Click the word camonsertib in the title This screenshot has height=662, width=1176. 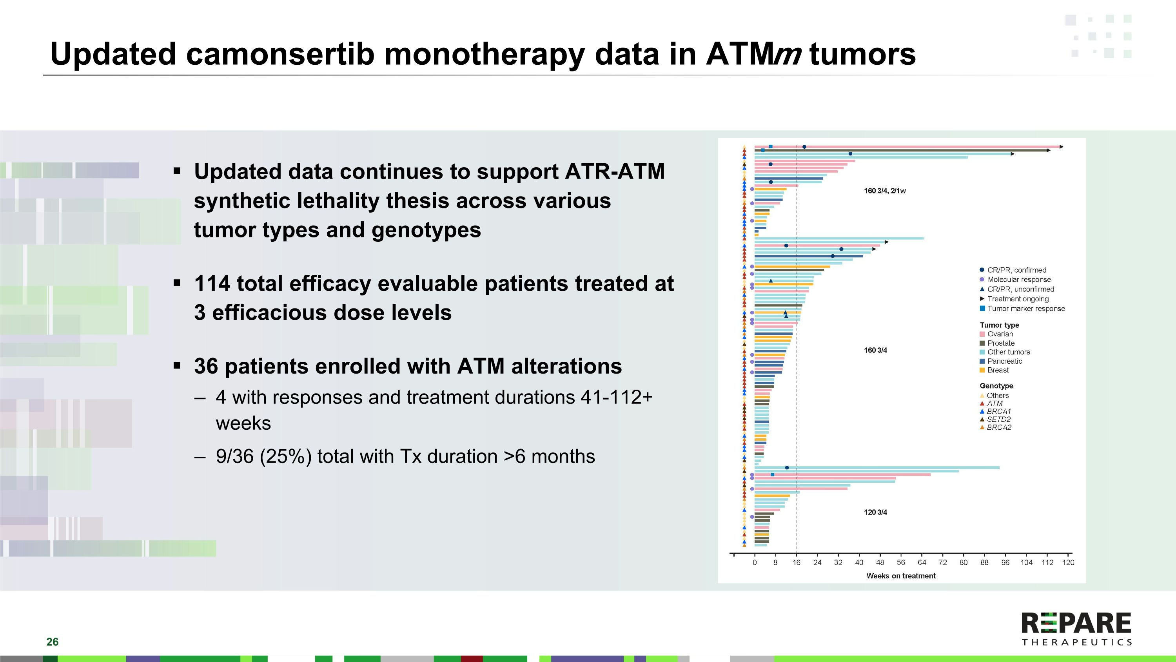point(280,54)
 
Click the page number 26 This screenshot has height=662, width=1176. point(52,642)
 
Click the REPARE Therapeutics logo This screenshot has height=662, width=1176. point(1076,629)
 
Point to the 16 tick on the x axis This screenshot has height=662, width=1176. point(796,562)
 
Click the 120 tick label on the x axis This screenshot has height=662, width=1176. point(1068,562)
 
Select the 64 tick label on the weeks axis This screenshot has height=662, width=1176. point(922,562)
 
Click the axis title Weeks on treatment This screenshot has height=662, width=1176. point(901,576)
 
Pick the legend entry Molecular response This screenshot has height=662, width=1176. point(1018,280)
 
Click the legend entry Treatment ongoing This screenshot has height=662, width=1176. point(1018,299)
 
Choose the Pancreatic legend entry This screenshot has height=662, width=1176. point(1004,361)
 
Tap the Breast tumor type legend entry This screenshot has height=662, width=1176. point(998,370)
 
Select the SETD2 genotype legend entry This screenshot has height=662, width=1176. point(998,419)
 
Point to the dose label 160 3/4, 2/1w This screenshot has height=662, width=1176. point(884,191)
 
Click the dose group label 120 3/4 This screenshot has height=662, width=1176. point(875,512)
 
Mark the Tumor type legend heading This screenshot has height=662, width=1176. point(999,325)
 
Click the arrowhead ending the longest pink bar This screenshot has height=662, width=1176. point(1062,147)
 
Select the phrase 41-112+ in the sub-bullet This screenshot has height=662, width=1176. point(616,398)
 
